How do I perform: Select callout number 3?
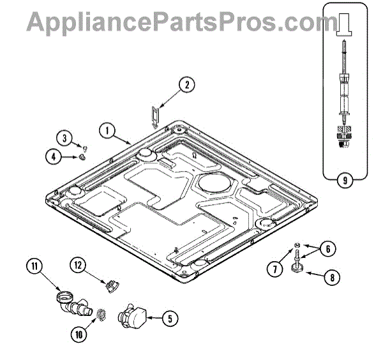(65, 137)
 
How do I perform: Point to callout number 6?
(326, 250)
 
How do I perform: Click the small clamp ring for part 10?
(100, 314)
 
